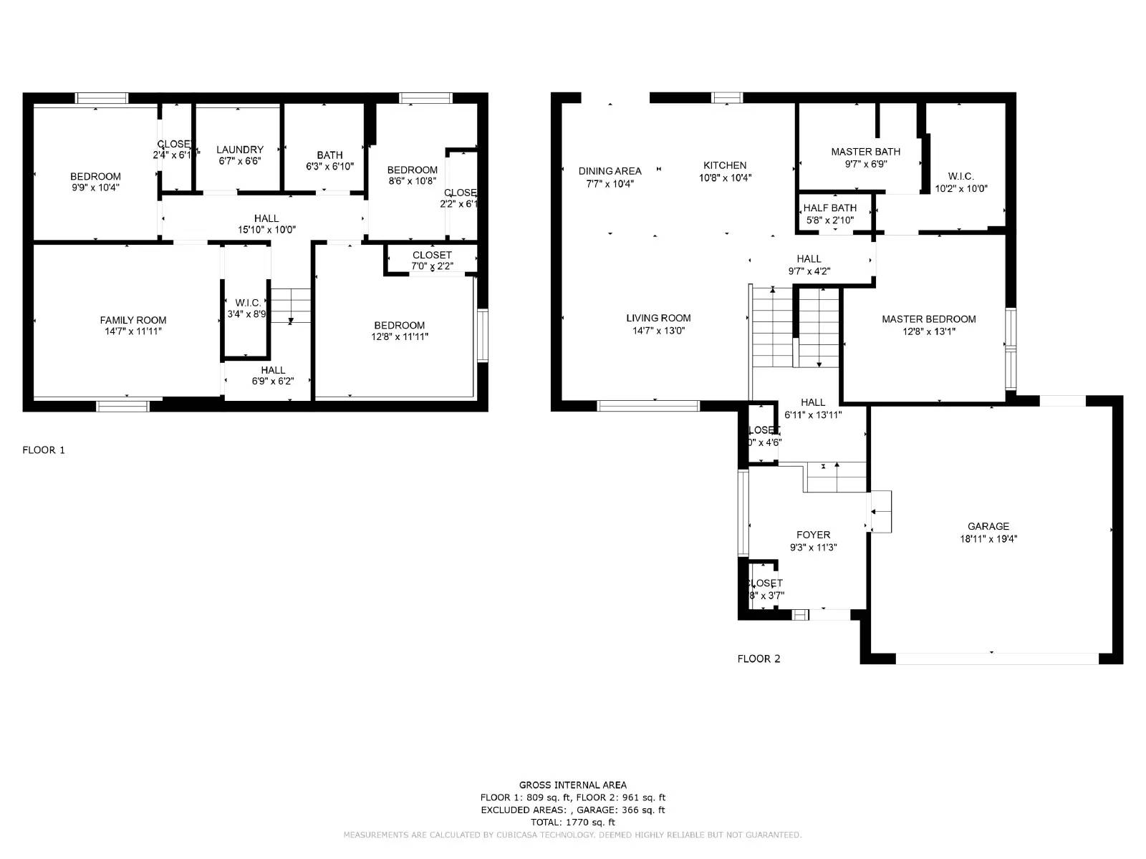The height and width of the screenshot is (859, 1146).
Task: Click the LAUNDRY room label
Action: (x=239, y=150)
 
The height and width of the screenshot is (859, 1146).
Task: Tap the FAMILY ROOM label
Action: (x=133, y=320)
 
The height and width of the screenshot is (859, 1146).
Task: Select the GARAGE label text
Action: (x=988, y=526)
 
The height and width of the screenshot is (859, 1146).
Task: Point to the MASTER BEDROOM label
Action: (x=928, y=319)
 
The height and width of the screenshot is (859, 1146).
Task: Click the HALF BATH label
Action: (x=829, y=208)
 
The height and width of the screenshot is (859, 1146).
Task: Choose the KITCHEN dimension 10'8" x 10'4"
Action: (x=725, y=178)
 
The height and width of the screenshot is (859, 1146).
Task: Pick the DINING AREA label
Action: (x=610, y=171)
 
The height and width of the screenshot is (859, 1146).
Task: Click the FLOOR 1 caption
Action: (x=44, y=450)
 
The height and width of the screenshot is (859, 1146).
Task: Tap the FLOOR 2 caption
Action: (x=759, y=659)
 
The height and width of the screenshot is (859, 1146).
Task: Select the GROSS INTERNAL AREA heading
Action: (x=572, y=785)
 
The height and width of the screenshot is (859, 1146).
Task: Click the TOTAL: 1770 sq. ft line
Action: (x=572, y=822)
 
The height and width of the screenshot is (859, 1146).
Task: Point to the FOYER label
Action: (x=813, y=535)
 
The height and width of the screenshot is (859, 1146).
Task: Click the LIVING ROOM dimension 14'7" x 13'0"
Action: (x=658, y=331)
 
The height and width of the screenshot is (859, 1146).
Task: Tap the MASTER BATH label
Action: (x=865, y=152)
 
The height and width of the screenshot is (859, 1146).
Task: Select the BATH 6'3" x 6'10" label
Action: (x=329, y=160)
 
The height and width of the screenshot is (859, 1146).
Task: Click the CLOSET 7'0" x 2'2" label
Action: (x=432, y=261)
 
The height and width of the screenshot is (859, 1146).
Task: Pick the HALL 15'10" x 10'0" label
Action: (x=266, y=224)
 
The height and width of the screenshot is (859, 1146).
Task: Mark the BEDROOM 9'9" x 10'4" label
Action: (x=95, y=182)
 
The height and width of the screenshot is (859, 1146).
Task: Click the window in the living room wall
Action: (x=647, y=406)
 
